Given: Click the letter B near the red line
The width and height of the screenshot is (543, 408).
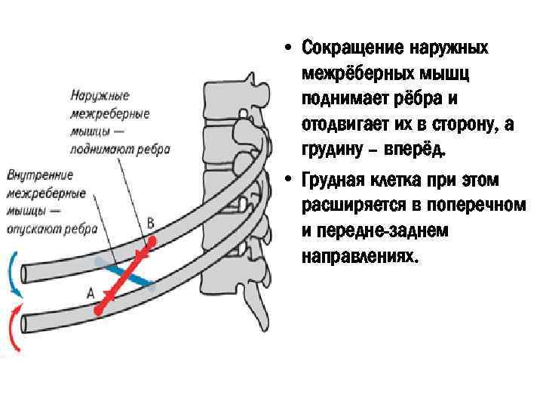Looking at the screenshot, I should click(150, 222).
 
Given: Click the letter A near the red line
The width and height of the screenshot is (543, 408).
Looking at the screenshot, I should click(90, 292).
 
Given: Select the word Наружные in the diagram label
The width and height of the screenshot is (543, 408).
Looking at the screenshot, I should click(100, 96).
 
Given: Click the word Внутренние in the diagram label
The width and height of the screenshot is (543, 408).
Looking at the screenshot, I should click(40, 175).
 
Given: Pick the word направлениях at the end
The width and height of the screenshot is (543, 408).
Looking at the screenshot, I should click(358, 256).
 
